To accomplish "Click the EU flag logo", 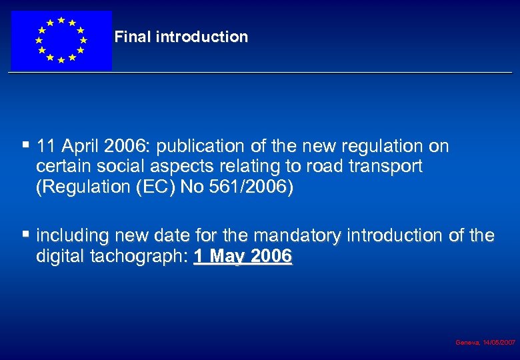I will pos(61,40).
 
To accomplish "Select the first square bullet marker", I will pos(26,143).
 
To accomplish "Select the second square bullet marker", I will pos(26,234).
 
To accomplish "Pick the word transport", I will pos(389,167).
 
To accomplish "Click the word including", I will pos(73,236).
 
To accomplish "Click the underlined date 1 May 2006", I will pos(243,257).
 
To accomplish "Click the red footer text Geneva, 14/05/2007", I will pos(485,342).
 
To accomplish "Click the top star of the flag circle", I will pos(61,20).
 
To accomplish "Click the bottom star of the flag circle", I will pos(61,60).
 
